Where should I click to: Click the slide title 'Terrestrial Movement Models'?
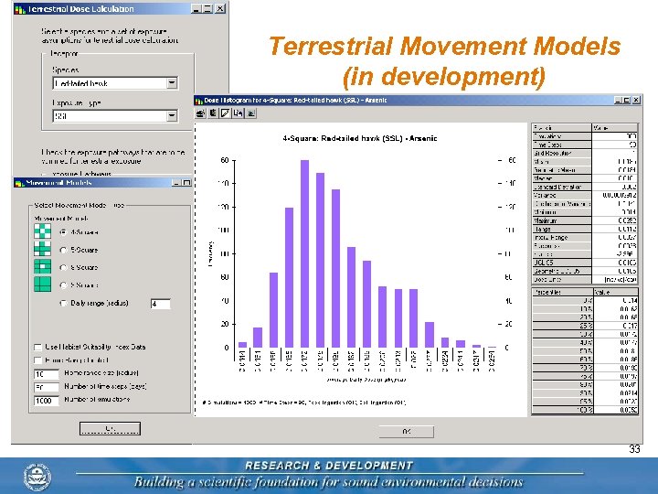coord(444,47)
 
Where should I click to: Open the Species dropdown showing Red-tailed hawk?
coord(172,83)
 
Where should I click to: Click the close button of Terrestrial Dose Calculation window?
coord(220,8)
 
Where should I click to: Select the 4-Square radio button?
coord(62,231)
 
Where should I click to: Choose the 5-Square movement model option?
coord(62,250)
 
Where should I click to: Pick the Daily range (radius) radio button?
coord(62,303)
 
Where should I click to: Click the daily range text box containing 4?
coord(159,304)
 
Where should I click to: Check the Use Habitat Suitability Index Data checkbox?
coord(37,347)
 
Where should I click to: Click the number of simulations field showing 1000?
coord(46,401)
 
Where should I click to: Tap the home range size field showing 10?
coord(46,374)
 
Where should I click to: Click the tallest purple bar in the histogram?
coord(304,253)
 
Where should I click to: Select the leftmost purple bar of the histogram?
coord(242,345)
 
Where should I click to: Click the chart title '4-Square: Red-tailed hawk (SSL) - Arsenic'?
coord(360,138)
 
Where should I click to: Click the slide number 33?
coord(634,449)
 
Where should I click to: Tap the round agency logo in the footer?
coord(39,477)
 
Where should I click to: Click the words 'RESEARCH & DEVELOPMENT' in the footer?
coord(328,466)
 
